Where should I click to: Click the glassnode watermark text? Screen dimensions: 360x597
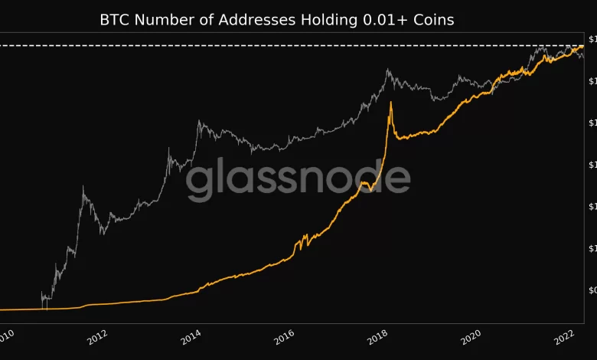pyautogui.click(x=298, y=179)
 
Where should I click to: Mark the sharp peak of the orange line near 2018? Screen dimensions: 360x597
pyautogui.click(x=392, y=102)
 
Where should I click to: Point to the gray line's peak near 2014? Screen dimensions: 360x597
pyautogui.click(x=199, y=120)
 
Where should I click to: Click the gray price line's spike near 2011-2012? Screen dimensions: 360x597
pyautogui.click(x=83, y=186)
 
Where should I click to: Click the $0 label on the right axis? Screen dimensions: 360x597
pyautogui.click(x=592, y=290)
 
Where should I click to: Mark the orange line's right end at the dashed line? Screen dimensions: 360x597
pyautogui.click(x=582, y=46)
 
